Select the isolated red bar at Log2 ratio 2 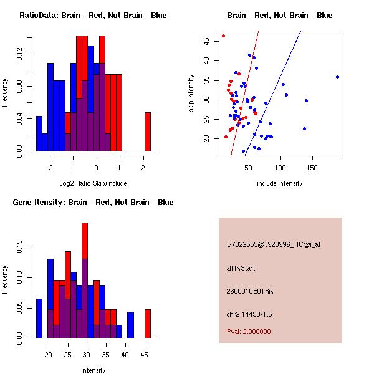coord(148,132)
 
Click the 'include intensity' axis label coord(279,184)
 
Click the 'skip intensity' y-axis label coord(191,93)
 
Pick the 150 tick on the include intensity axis coord(313,167)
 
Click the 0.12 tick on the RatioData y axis coord(19,55)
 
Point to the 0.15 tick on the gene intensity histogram coord(19,247)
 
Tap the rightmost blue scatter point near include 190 coord(337,77)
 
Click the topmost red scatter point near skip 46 coord(223,36)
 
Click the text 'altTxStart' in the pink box coord(241,268)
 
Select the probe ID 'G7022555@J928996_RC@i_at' coord(274,245)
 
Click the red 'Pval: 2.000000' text coord(249,332)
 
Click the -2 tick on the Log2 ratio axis coord(50,167)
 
